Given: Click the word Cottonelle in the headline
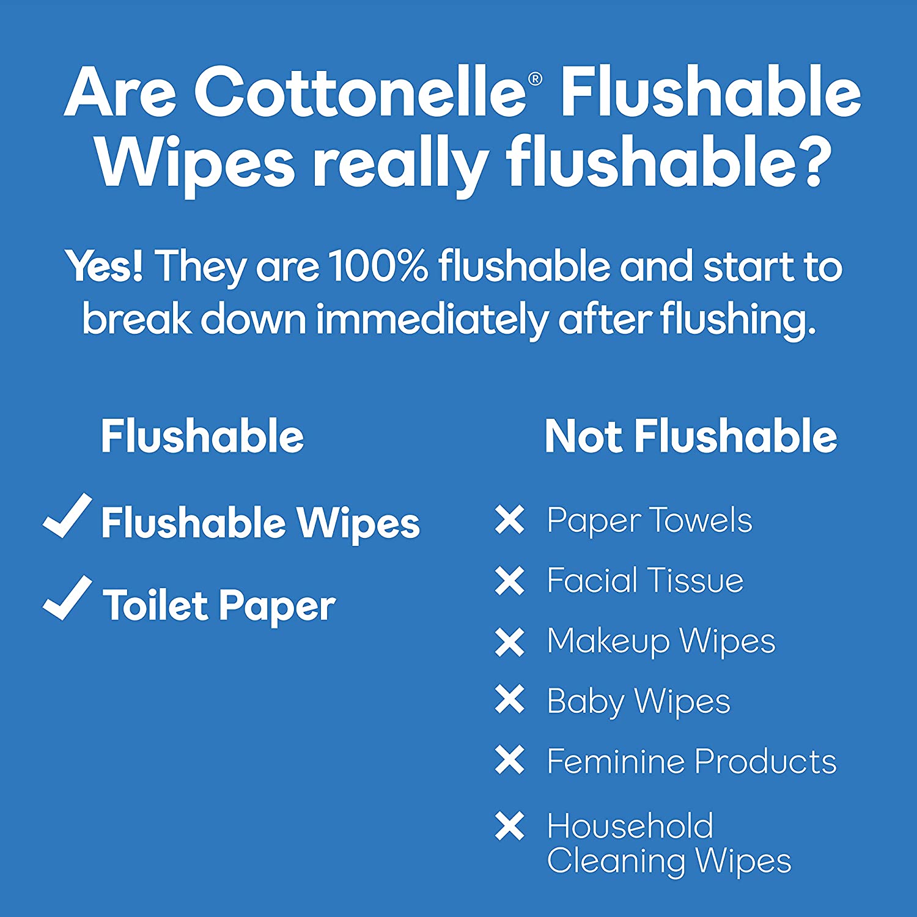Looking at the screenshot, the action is click(361, 92).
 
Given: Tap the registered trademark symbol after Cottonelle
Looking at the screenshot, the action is click(535, 79).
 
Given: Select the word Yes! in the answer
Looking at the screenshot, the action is click(105, 267).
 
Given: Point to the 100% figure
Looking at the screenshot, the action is click(378, 267).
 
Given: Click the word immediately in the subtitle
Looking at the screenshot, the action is click(432, 320).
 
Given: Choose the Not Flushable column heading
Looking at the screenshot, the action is click(691, 436).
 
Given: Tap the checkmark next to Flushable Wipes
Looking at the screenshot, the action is click(67, 517).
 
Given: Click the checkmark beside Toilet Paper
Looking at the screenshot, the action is click(67, 598).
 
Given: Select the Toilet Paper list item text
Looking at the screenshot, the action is click(219, 606).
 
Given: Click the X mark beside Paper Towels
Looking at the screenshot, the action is click(510, 520).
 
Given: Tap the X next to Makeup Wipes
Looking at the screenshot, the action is click(510, 642).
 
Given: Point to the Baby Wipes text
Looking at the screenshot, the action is click(639, 701).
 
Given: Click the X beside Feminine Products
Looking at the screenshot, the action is click(510, 760).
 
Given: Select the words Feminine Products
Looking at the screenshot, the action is click(692, 761).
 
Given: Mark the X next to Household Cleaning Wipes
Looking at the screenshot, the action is click(510, 826).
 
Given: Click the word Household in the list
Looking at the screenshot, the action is click(630, 826).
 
